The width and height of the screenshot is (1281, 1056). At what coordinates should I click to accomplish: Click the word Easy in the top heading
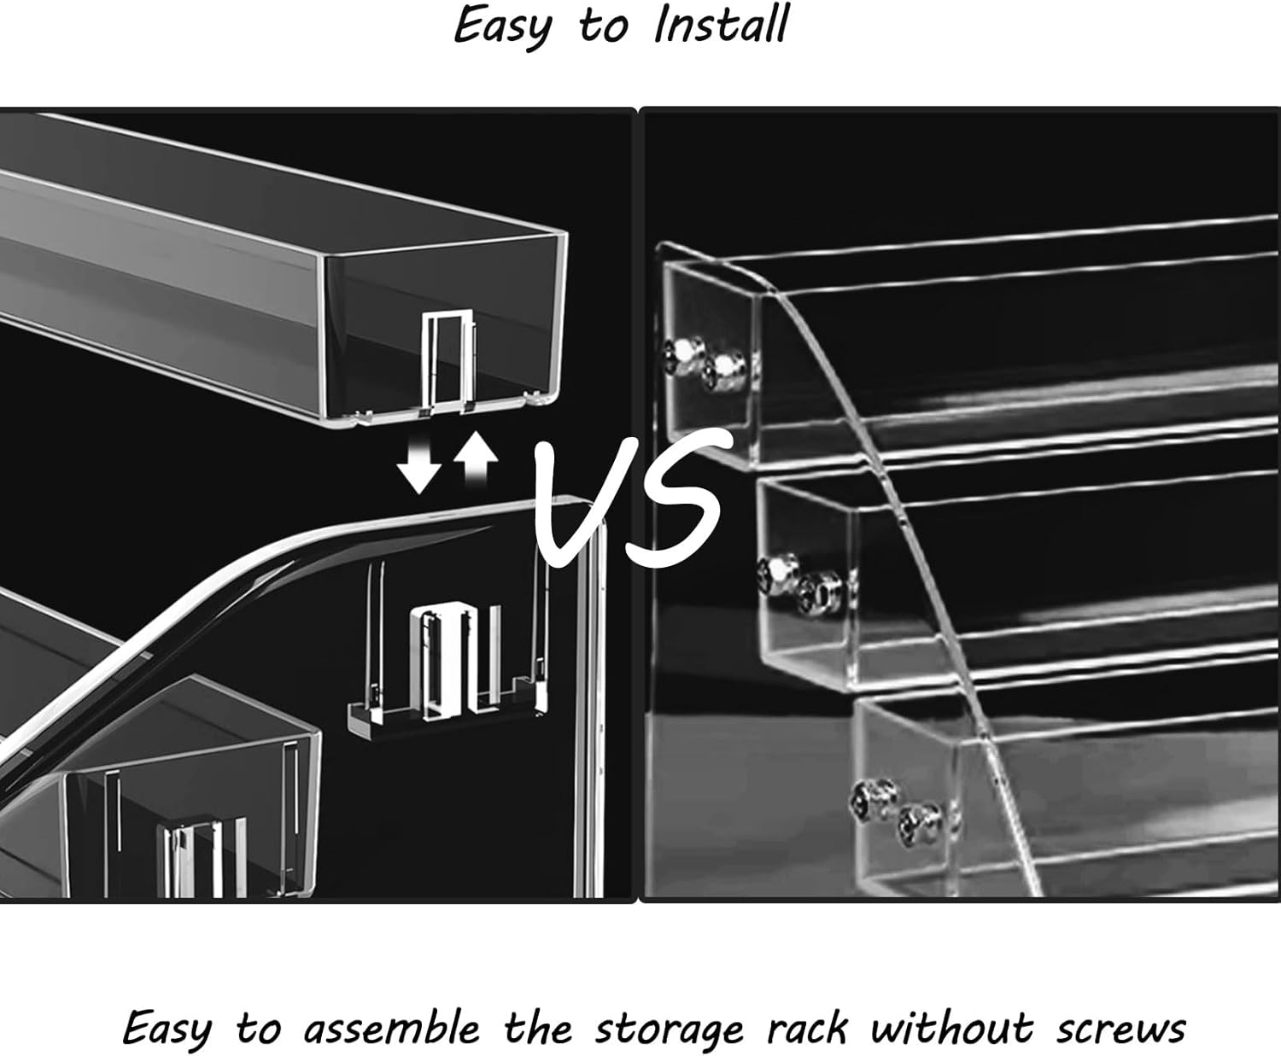click(x=502, y=26)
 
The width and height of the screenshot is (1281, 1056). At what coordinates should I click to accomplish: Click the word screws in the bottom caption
click(x=1120, y=1029)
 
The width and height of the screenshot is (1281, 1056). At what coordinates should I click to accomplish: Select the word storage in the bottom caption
click(x=669, y=1029)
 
